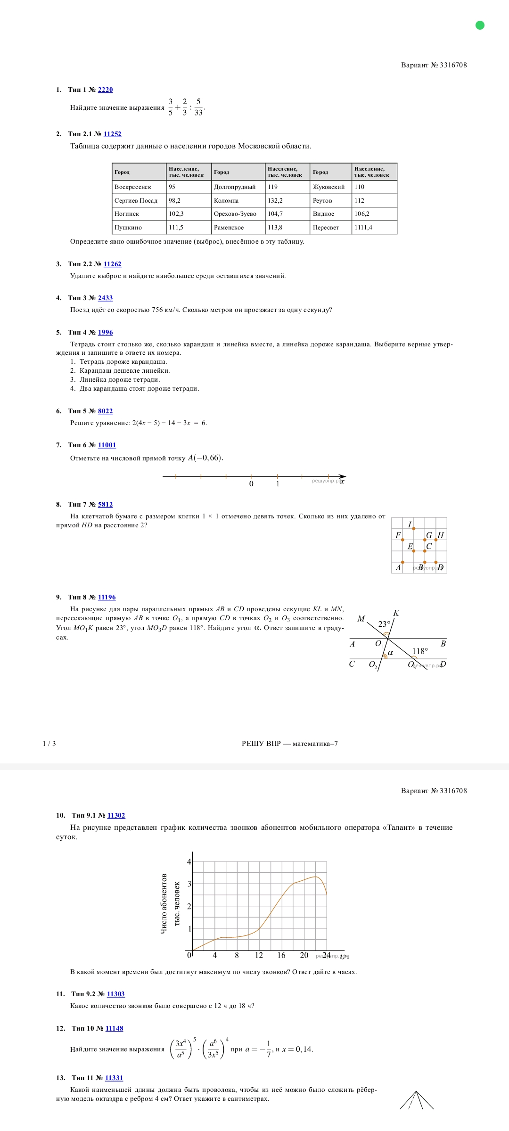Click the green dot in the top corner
[480, 25]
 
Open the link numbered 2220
[105, 90]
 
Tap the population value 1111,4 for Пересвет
[363, 228]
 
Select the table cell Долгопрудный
[235, 187]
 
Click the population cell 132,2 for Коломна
[275, 201]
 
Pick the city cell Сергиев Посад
[136, 201]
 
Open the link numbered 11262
[112, 264]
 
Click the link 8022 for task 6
[105, 411]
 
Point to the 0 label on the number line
[251, 484]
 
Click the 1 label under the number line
[278, 484]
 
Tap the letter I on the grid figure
[410, 525]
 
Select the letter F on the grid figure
[398, 535]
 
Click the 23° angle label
[384, 624]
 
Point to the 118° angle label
[420, 651]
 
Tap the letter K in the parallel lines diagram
[396, 613]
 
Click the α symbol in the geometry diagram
[390, 653]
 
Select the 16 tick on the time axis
[281, 955]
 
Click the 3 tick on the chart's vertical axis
[189, 884]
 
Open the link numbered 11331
[114, 1078]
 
